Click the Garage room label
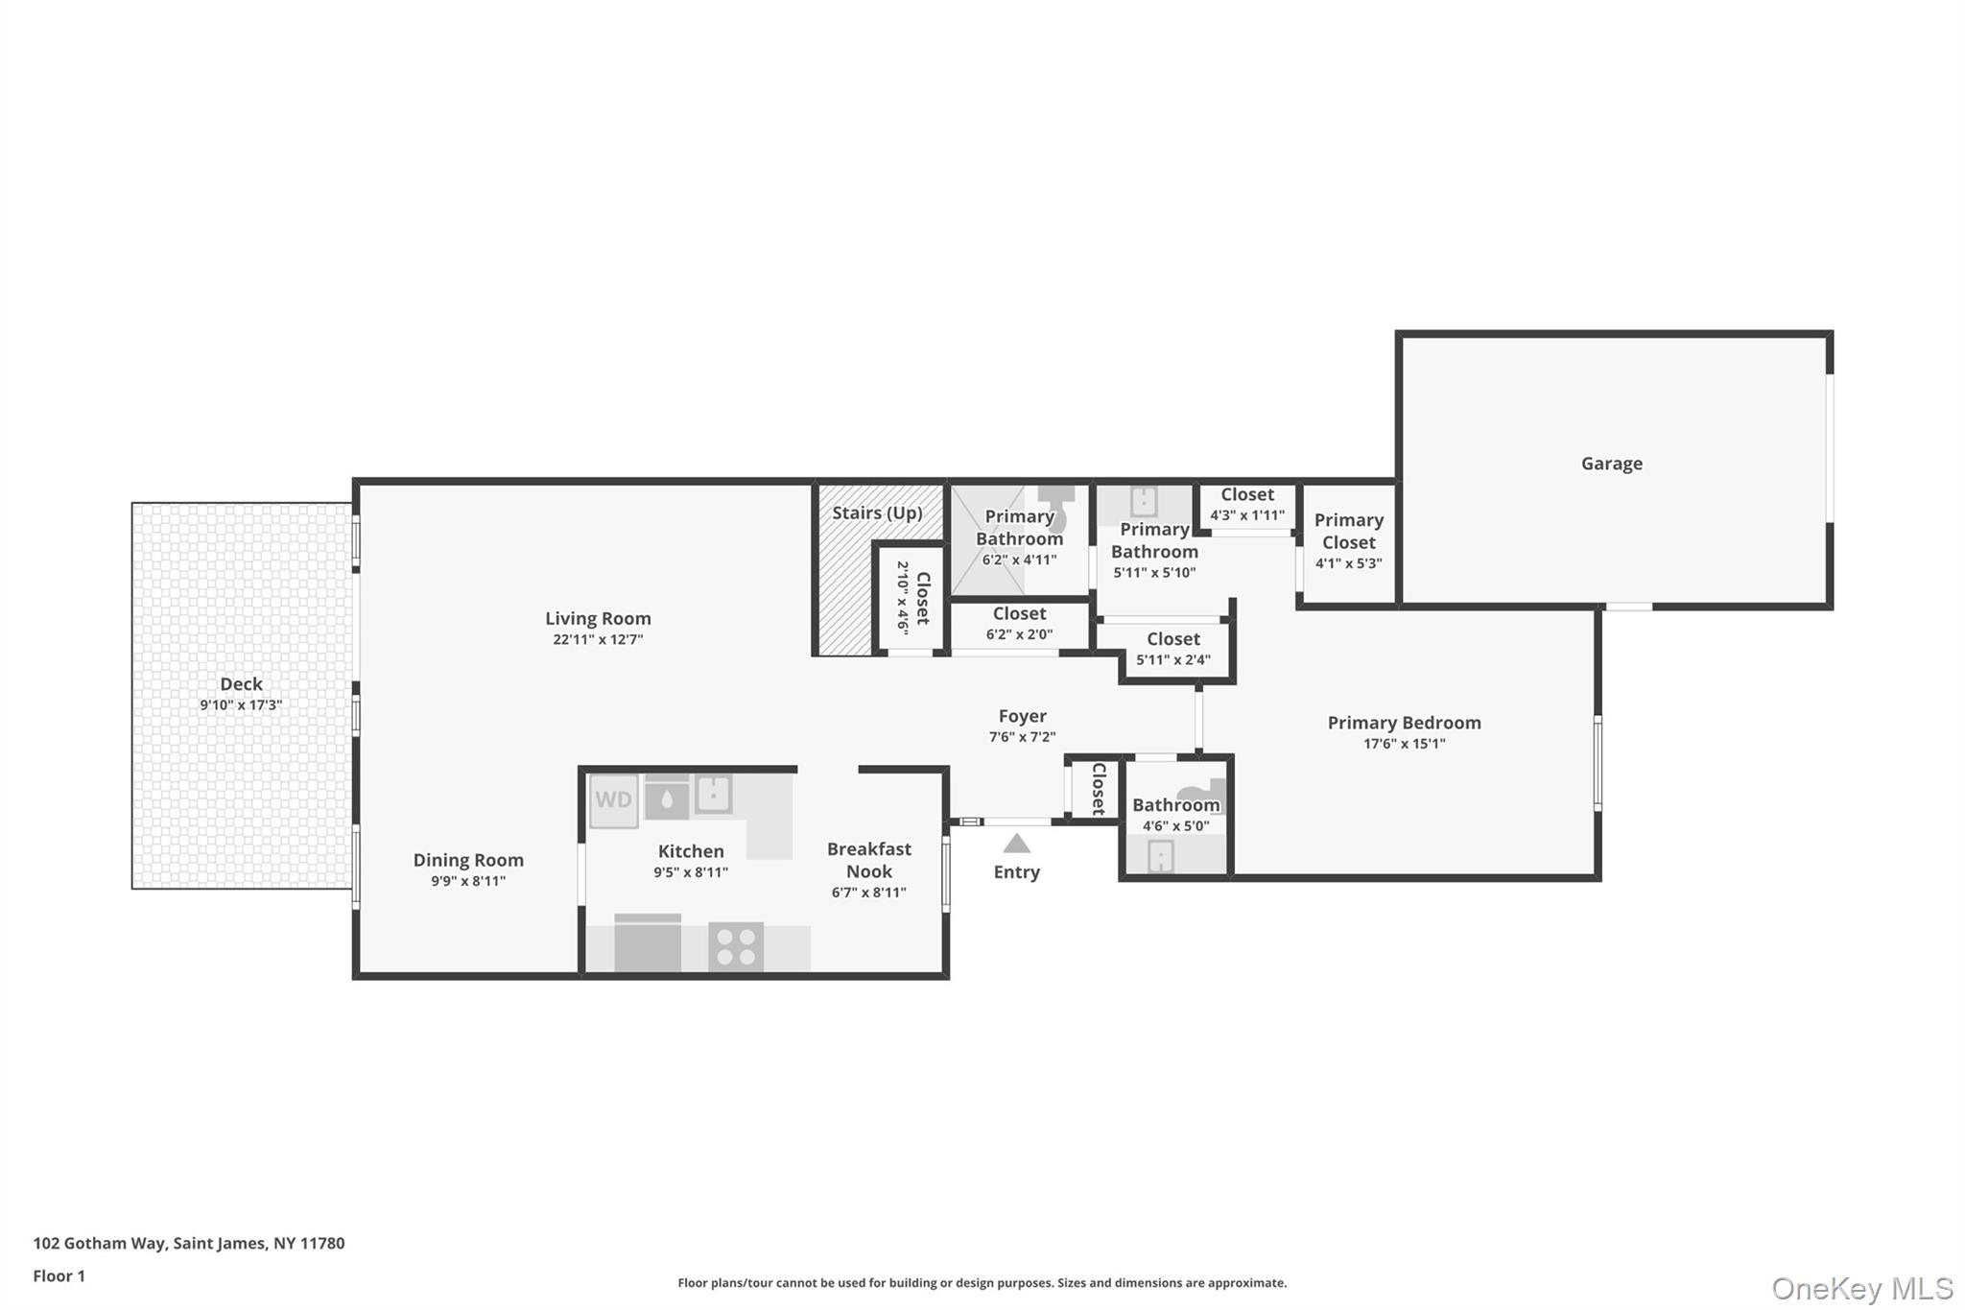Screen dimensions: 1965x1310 1611,464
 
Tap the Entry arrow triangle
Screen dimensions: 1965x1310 1016,844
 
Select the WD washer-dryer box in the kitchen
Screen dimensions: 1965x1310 613,800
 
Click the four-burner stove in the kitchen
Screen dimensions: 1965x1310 736,945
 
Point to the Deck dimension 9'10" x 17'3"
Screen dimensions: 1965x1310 241,705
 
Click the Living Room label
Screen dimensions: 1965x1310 598,619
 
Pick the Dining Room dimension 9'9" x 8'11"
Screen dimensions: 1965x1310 468,881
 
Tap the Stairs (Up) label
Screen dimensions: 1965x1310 877,512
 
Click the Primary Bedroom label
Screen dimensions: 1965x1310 1404,723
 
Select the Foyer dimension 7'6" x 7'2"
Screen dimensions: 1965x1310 1022,737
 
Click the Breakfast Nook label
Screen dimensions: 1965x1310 869,860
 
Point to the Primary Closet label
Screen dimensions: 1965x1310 1349,531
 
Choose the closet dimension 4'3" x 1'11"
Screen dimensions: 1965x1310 1247,515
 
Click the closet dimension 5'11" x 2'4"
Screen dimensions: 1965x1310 1173,660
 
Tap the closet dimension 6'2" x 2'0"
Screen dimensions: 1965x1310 1019,634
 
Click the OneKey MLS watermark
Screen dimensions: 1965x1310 1862,1288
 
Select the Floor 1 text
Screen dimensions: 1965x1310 59,1276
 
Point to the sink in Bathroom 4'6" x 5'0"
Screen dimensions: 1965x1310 1161,855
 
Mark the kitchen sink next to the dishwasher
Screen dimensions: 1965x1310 714,794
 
